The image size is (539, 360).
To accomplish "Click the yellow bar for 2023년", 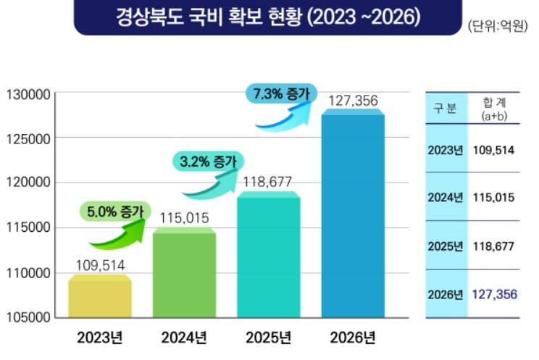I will click(99, 298).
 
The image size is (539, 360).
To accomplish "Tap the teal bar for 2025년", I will click(268, 256).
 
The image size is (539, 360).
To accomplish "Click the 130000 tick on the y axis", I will click(27, 93).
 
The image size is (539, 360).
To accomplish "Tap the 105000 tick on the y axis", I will click(27, 317).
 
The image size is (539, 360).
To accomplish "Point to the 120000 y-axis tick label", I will click(27, 183).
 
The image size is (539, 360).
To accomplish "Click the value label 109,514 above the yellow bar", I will click(100, 266).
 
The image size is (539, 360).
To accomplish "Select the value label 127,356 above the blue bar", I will click(353, 101).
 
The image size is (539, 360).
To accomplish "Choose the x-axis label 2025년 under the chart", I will click(268, 338).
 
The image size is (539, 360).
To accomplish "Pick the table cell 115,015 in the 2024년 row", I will click(493, 197).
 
